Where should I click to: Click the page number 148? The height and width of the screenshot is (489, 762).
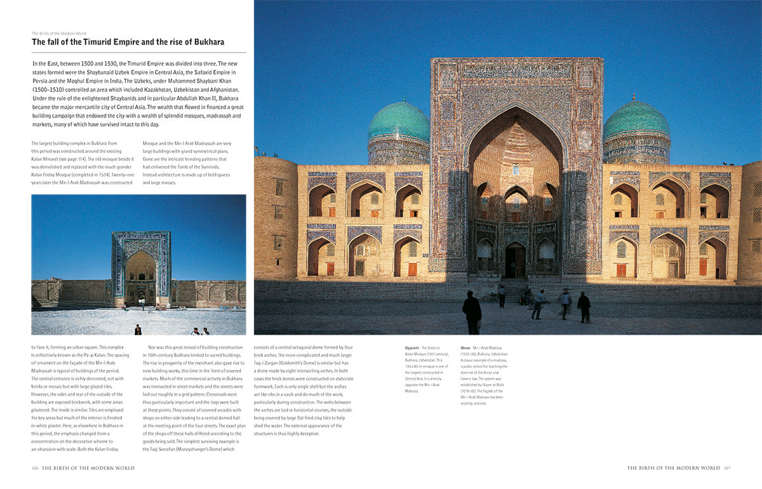tap(36, 468)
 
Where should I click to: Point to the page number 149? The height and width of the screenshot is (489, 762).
tap(726, 468)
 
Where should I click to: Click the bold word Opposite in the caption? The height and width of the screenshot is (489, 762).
tap(411, 348)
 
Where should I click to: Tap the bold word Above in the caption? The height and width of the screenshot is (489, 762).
tap(466, 348)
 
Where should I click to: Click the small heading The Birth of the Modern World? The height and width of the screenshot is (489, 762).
tap(59, 33)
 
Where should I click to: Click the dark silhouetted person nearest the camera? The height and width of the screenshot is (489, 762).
tap(472, 311)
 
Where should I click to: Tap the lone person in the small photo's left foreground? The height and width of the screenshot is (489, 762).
tap(137, 330)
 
